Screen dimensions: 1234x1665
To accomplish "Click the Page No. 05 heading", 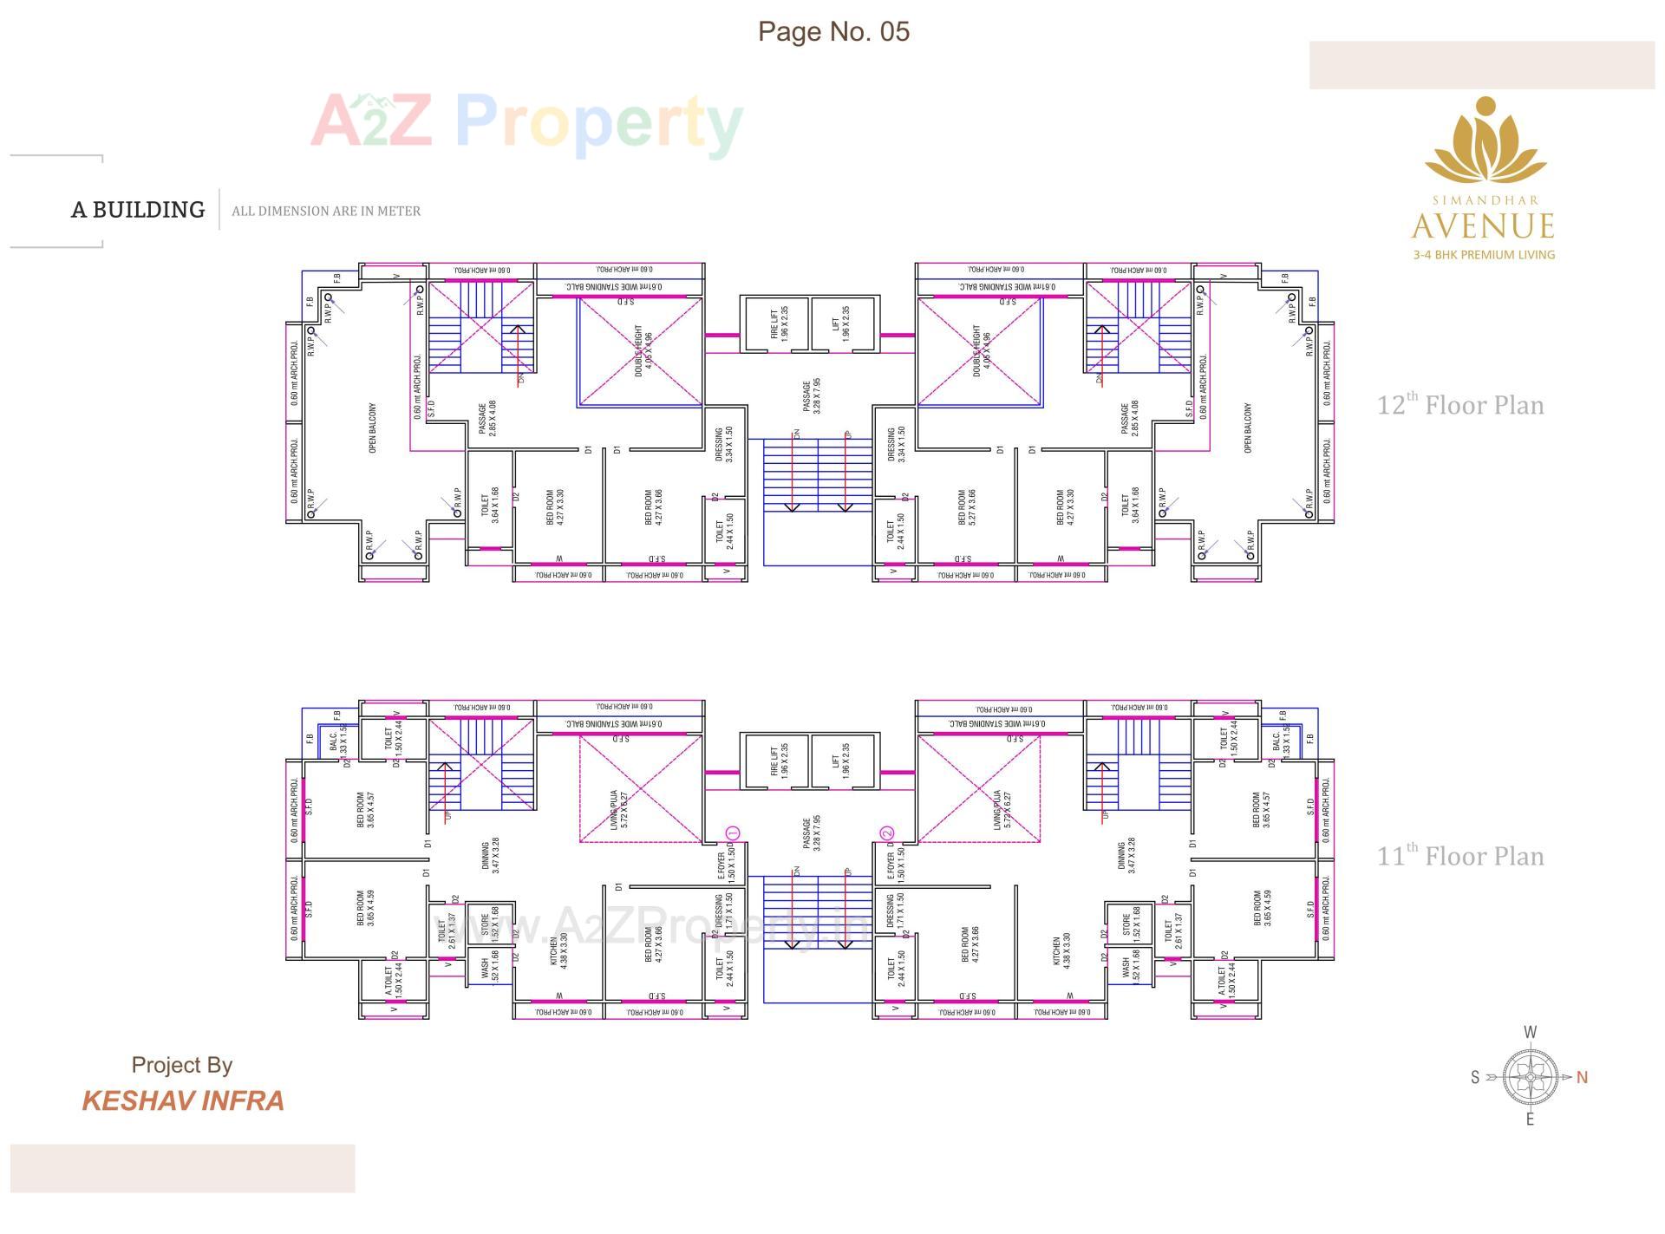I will coord(833,31).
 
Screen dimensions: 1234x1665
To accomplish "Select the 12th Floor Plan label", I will coord(1460,405).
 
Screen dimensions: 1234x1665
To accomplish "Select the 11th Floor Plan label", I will coord(1460,856).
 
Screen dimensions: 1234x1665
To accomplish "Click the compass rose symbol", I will coord(1530,1077).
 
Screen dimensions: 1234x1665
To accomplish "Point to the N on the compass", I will coord(1582,1077).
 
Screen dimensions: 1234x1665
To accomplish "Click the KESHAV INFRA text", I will coord(183,1100).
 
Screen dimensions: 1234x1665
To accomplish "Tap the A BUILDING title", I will coord(138,210).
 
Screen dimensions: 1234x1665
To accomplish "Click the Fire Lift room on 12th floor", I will coord(778,323).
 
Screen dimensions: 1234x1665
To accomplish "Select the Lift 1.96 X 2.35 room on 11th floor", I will coord(840,761).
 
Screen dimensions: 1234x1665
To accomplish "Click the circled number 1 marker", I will coord(731,833).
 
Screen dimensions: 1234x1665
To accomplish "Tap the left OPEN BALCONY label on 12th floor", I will coord(373,428).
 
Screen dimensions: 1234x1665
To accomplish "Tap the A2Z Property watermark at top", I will coord(526,122).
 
